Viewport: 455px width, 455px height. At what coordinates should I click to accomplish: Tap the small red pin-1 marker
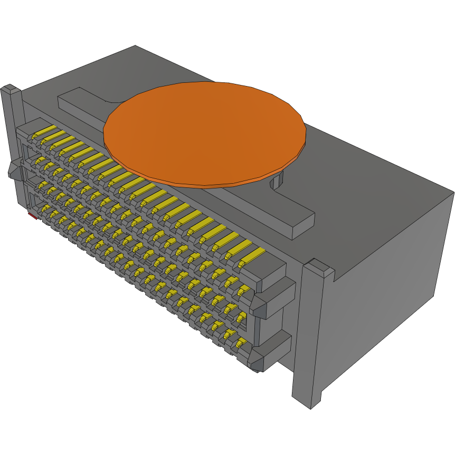(x=32, y=216)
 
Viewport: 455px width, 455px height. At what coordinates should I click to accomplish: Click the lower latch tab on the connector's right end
(x=272, y=351)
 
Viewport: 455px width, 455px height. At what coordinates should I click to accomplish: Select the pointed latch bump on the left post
(x=13, y=172)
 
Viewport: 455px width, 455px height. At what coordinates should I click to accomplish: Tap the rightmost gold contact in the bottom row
(x=242, y=344)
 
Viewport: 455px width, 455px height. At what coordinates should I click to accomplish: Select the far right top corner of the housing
(x=453, y=192)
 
